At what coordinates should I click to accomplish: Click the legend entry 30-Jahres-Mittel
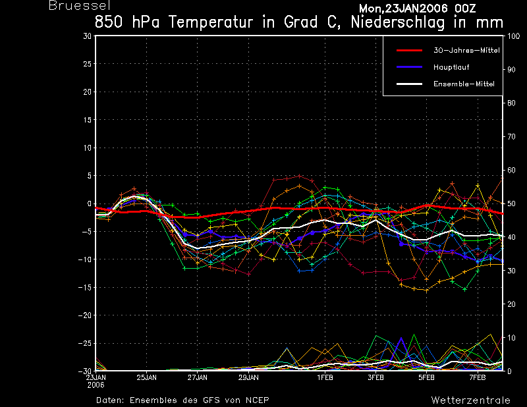pyautogui.click(x=466, y=51)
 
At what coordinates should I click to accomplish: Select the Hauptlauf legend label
pyautogui.click(x=451, y=67)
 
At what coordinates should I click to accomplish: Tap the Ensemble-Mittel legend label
pyautogui.click(x=464, y=84)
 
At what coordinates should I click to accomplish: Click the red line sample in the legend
pyautogui.click(x=409, y=51)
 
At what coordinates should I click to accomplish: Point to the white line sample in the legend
pyautogui.click(x=409, y=84)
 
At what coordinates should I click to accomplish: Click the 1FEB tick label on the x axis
pyautogui.click(x=325, y=378)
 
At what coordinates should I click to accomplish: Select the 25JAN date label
pyautogui.click(x=146, y=378)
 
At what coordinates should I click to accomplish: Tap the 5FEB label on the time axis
pyautogui.click(x=426, y=378)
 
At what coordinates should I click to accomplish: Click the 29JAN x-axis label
pyautogui.click(x=249, y=378)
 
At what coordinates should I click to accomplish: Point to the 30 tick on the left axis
pyautogui.click(x=88, y=36)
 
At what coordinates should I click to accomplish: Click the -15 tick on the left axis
pyautogui.click(x=85, y=288)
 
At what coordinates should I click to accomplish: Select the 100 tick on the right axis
pyautogui.click(x=513, y=36)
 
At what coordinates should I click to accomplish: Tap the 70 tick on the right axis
pyautogui.click(x=511, y=137)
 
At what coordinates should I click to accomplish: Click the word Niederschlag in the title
pyautogui.click(x=398, y=22)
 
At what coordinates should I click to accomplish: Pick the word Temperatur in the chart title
pyautogui.click(x=211, y=22)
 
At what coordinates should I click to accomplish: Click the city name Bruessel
pyautogui.click(x=80, y=5)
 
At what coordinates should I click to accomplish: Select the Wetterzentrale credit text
pyautogui.click(x=471, y=400)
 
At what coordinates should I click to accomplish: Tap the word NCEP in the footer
pyautogui.click(x=257, y=400)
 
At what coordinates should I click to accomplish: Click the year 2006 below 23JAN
pyautogui.click(x=96, y=385)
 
